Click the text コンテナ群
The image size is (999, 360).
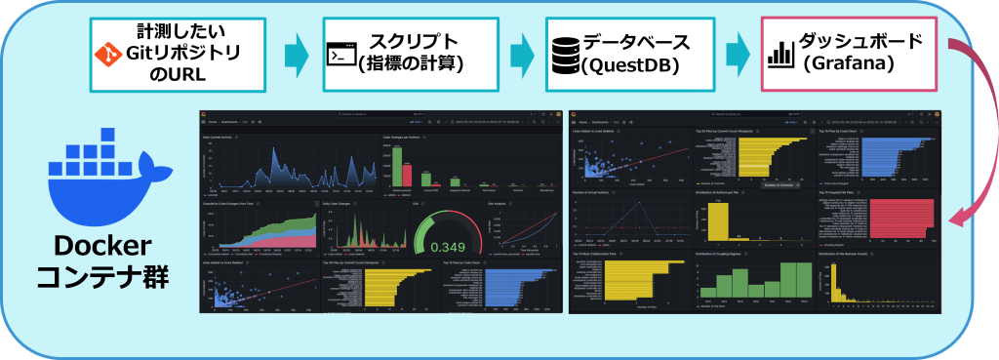(x=100, y=279)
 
